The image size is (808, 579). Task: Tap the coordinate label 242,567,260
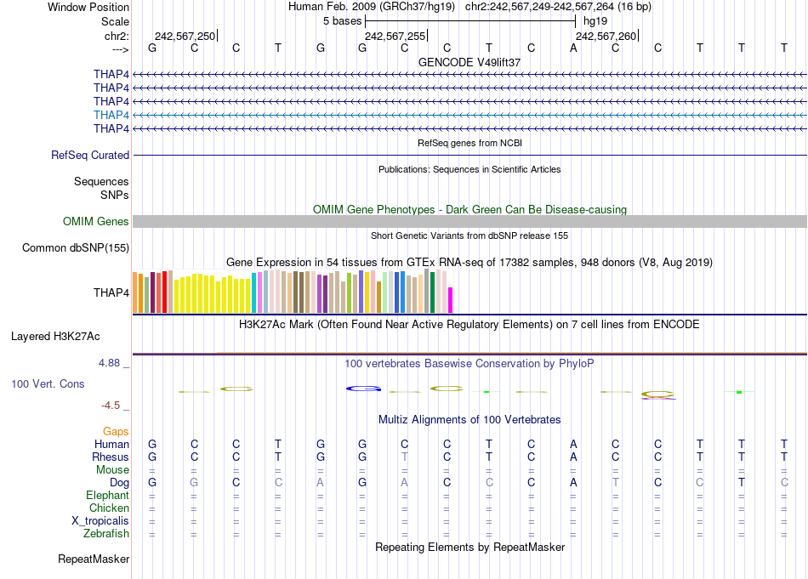(606, 36)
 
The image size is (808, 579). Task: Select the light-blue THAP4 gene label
(111, 115)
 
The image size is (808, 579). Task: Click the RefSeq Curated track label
(90, 156)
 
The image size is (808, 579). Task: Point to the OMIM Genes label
(96, 222)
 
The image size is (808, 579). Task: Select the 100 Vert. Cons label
(48, 384)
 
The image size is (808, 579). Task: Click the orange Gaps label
(116, 432)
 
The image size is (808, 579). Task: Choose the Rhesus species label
(111, 457)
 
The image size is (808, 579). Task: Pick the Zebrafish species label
(107, 534)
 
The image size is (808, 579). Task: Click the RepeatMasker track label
(94, 559)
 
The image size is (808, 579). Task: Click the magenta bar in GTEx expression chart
(451, 300)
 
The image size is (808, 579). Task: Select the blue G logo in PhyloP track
(363, 389)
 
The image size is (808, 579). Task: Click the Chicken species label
(110, 508)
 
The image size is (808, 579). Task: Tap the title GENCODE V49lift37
(469, 63)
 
